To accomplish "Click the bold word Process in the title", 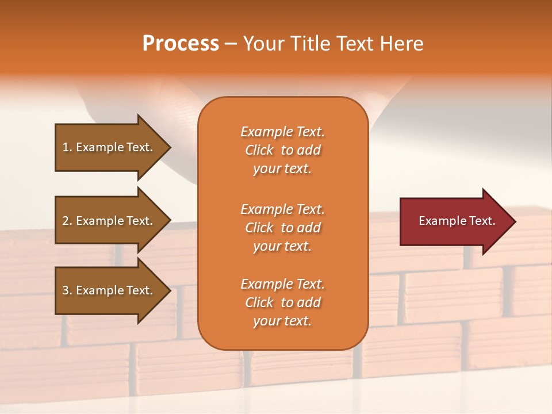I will [181, 44].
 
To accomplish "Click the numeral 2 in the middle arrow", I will [66, 221].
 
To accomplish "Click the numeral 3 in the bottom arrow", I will [66, 290].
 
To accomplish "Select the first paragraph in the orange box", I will [282, 150].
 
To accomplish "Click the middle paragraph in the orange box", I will [282, 228].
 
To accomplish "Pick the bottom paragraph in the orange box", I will [282, 302].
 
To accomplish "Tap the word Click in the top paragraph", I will [259, 150].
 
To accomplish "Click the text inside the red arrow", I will [457, 221].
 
